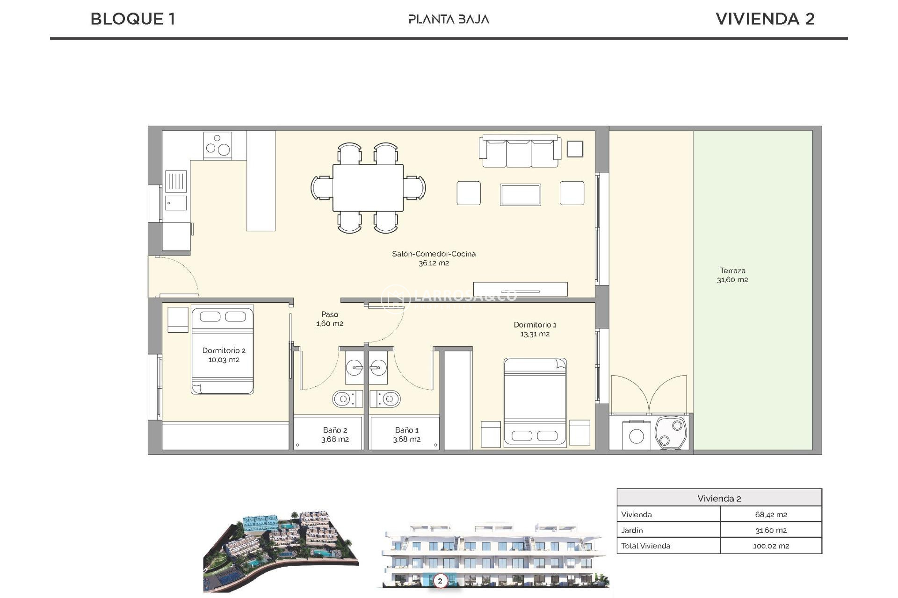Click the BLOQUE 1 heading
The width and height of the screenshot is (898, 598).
click(133, 19)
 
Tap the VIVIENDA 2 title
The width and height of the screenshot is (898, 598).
click(765, 19)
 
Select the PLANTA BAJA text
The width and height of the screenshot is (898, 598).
click(449, 19)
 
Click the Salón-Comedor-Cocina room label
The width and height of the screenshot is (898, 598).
click(434, 258)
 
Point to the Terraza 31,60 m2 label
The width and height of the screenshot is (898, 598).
click(732, 275)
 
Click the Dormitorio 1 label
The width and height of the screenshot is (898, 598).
click(535, 329)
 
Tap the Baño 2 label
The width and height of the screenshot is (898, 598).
click(335, 434)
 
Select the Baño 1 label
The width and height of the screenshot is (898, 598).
click(406, 434)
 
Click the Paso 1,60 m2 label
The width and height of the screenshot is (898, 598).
click(330, 319)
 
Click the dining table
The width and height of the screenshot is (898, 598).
click(368, 187)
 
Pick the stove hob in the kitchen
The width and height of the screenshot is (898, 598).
click(217, 145)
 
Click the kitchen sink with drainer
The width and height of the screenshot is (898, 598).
click(176, 189)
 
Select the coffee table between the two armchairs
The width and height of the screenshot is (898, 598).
click(520, 194)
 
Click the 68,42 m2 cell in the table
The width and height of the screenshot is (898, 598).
click(770, 514)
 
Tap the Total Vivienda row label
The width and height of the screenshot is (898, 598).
click(645, 546)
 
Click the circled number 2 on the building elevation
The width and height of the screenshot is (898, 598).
click(440, 581)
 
